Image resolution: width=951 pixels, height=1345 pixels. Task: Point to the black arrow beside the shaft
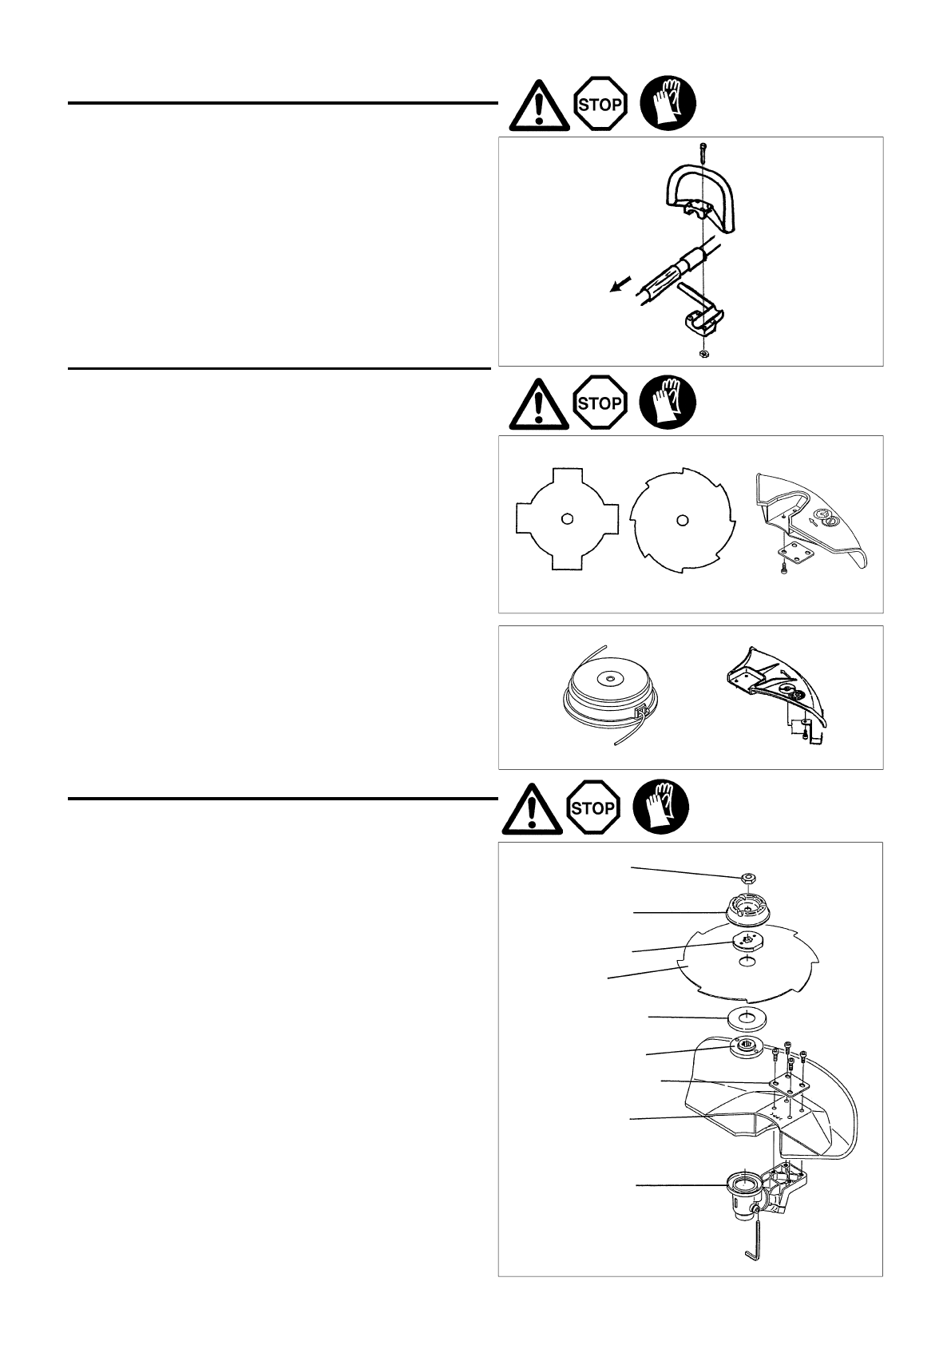[x=618, y=284]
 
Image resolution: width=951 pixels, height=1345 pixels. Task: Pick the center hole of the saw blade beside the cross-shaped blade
[x=681, y=520]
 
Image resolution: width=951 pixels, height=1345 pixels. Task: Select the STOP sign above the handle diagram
[x=599, y=104]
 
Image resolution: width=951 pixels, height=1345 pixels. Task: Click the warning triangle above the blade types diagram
[x=539, y=403]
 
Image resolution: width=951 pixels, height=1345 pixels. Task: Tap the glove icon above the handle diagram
[x=668, y=104]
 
